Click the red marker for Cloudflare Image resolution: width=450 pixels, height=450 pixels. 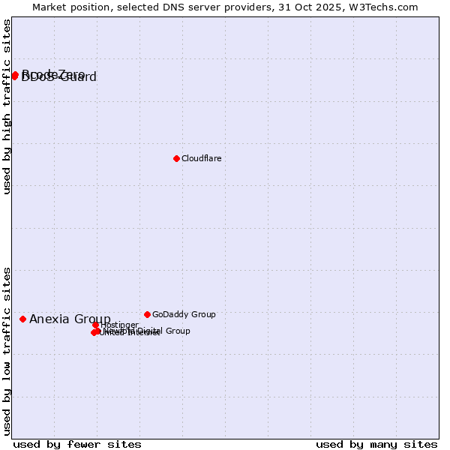click(x=176, y=158)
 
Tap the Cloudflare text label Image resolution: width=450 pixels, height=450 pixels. click(x=201, y=158)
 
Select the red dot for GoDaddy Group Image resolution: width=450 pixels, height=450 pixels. click(x=147, y=314)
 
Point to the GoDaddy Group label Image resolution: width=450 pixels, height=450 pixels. click(x=184, y=314)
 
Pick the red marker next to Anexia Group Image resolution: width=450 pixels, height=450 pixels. click(x=22, y=319)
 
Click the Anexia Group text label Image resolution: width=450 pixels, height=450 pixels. click(x=70, y=319)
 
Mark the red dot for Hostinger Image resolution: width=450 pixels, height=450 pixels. click(x=96, y=325)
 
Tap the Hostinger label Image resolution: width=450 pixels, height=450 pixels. click(x=119, y=325)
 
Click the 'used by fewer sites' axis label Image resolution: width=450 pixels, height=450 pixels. click(x=77, y=444)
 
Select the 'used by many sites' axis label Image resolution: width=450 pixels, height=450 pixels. click(x=376, y=444)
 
